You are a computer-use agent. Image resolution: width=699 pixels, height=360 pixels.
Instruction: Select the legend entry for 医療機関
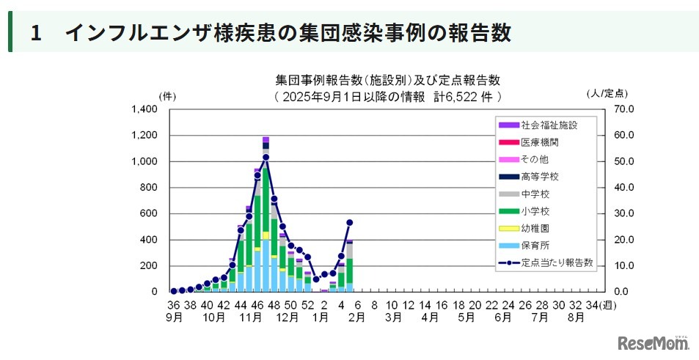tap(539, 142)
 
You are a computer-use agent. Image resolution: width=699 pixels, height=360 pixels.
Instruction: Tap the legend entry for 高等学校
tap(539, 177)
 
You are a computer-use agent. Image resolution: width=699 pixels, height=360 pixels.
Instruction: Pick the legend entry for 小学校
tap(535, 211)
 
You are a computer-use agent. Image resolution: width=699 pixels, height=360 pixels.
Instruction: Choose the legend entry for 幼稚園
tap(535, 228)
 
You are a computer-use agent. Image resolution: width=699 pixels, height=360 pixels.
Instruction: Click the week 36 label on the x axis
tap(173, 305)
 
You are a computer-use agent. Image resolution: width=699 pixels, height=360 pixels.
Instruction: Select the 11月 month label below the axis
tap(252, 317)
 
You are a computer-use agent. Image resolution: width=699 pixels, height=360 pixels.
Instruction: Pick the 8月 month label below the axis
tap(576, 317)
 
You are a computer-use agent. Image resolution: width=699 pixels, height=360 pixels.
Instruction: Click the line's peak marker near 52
tap(266, 157)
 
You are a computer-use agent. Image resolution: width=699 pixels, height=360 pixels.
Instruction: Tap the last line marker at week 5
tap(350, 222)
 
